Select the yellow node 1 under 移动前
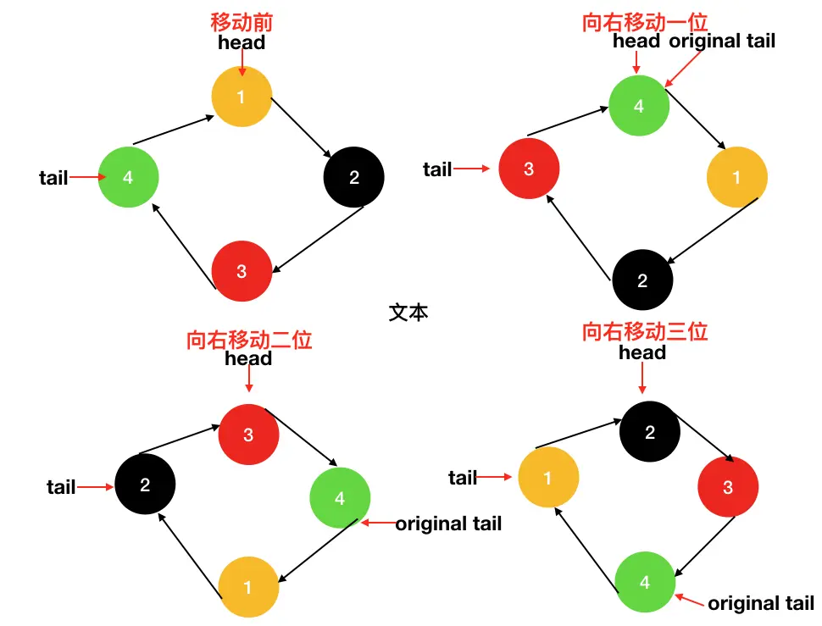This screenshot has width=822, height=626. pos(242,97)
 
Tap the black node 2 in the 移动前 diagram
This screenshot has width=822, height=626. pos(354,178)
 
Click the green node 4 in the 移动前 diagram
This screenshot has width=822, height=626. pos(128,177)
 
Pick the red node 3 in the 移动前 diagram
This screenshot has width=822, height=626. pos(242,271)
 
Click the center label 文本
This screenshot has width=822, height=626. pos(408,312)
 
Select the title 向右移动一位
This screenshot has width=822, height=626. pos(645,23)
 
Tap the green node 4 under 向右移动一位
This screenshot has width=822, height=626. pos(639,107)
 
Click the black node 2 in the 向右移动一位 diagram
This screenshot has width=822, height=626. pos(642,281)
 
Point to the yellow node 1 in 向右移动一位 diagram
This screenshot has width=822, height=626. pos(736,178)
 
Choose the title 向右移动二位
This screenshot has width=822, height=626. pos(249,340)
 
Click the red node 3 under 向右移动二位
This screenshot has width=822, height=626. pos(248,435)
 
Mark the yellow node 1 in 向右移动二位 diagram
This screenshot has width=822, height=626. pos(248,586)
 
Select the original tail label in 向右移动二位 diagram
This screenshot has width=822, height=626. pos(448,524)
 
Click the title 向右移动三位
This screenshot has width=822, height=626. pos(645,332)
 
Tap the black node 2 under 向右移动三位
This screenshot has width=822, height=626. pos(650,433)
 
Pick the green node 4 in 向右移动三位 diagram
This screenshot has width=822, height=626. pos(645,583)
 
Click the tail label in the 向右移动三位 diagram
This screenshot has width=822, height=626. pos(463,478)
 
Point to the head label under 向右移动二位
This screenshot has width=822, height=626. pos(248,358)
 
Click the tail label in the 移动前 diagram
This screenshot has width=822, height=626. pos(53,178)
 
